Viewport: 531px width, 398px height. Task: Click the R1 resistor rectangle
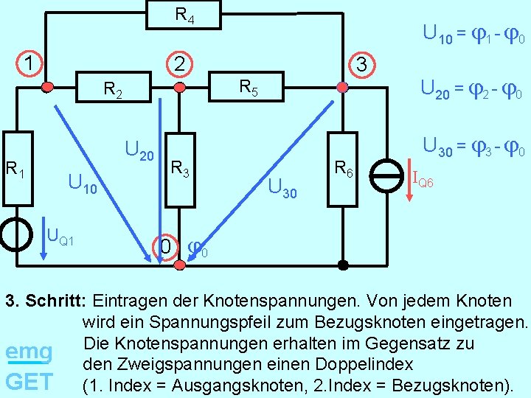coord(16,176)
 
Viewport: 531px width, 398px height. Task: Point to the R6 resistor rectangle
coord(342,170)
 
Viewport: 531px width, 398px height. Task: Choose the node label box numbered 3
coord(361,64)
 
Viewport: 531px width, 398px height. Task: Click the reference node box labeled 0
coord(166,245)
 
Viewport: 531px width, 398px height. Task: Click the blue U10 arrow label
coord(81,181)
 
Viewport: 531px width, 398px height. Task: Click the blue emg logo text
coord(29,352)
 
